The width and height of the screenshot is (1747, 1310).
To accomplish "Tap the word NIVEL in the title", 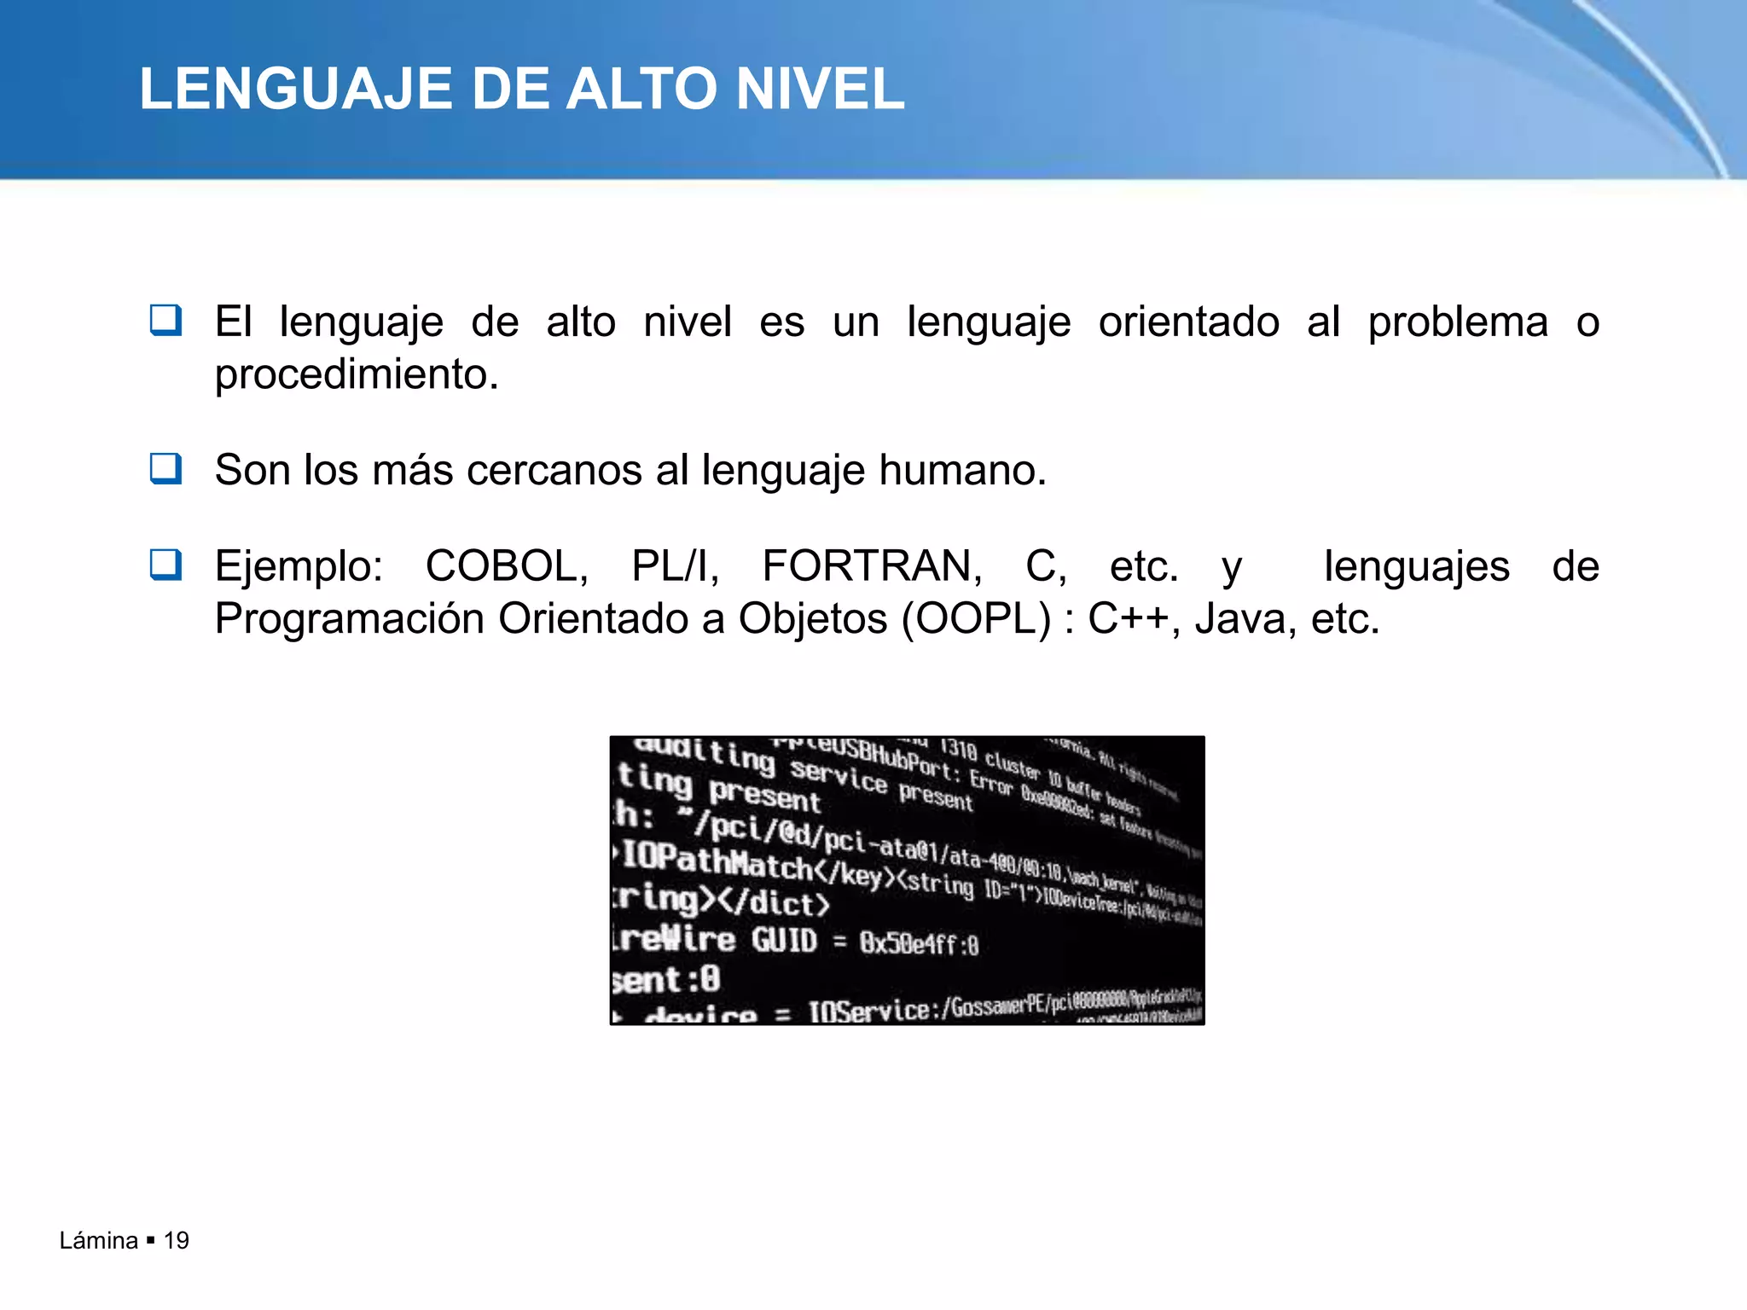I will coord(819,89).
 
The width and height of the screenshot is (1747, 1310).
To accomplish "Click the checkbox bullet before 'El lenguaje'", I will coord(165,321).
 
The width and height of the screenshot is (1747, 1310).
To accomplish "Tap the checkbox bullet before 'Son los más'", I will coord(165,468).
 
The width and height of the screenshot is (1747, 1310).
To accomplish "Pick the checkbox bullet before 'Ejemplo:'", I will coord(165,565).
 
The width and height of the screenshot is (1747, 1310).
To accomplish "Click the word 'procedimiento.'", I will coord(357,375).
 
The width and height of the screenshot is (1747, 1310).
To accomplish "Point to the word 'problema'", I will coord(1458,322).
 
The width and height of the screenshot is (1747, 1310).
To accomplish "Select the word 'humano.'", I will coord(962,470).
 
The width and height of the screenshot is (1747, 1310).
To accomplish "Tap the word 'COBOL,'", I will coord(507,566).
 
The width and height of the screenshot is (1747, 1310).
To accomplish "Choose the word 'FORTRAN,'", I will coord(872,566).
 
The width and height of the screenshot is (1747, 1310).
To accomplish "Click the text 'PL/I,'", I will coord(676,566).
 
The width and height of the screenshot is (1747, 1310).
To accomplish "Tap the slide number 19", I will coord(177,1241).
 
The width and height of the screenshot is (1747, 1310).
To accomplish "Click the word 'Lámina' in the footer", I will coord(99,1241).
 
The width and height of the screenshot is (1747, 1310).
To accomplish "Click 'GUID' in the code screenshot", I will coord(784,940).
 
